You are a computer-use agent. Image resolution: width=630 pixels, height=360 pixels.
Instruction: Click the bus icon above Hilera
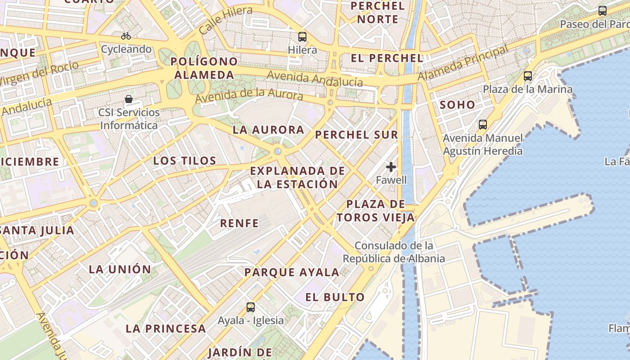[x=302, y=37]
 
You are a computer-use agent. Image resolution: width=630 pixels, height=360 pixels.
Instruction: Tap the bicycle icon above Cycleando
[x=126, y=36]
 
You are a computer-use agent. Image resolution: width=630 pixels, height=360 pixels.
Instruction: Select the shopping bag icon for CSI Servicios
[x=129, y=99]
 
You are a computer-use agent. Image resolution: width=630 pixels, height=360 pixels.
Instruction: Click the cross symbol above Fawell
[x=391, y=167]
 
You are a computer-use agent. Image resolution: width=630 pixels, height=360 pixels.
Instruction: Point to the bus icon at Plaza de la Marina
[x=528, y=76]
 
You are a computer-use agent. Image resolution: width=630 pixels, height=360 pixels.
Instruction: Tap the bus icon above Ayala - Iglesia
[x=251, y=307]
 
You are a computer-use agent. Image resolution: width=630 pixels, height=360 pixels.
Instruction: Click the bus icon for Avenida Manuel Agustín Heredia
[x=483, y=125]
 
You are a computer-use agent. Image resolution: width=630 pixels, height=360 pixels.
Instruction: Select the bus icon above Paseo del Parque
[x=603, y=11]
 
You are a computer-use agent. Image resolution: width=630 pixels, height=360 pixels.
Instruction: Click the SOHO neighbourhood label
[x=457, y=105]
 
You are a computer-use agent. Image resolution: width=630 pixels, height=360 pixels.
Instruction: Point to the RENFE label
[x=239, y=223]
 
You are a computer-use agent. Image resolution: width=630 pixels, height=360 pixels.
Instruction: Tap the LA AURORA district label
[x=269, y=130]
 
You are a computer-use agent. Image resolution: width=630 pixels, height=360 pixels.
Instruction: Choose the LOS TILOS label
[x=185, y=161]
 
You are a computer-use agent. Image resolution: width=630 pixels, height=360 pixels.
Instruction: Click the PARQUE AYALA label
[x=292, y=272]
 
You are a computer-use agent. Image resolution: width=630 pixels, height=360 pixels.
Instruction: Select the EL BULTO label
[x=335, y=297]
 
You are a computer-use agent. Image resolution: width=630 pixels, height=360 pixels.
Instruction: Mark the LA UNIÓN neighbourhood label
[x=120, y=270]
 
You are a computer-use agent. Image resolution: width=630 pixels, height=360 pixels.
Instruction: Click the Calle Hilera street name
[x=225, y=21]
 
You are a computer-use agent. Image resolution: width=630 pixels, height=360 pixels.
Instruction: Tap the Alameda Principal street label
[x=463, y=63]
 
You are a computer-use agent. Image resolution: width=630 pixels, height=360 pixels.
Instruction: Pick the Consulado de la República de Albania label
[x=394, y=252]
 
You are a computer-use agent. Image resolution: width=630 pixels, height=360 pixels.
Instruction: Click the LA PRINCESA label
[x=166, y=328]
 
